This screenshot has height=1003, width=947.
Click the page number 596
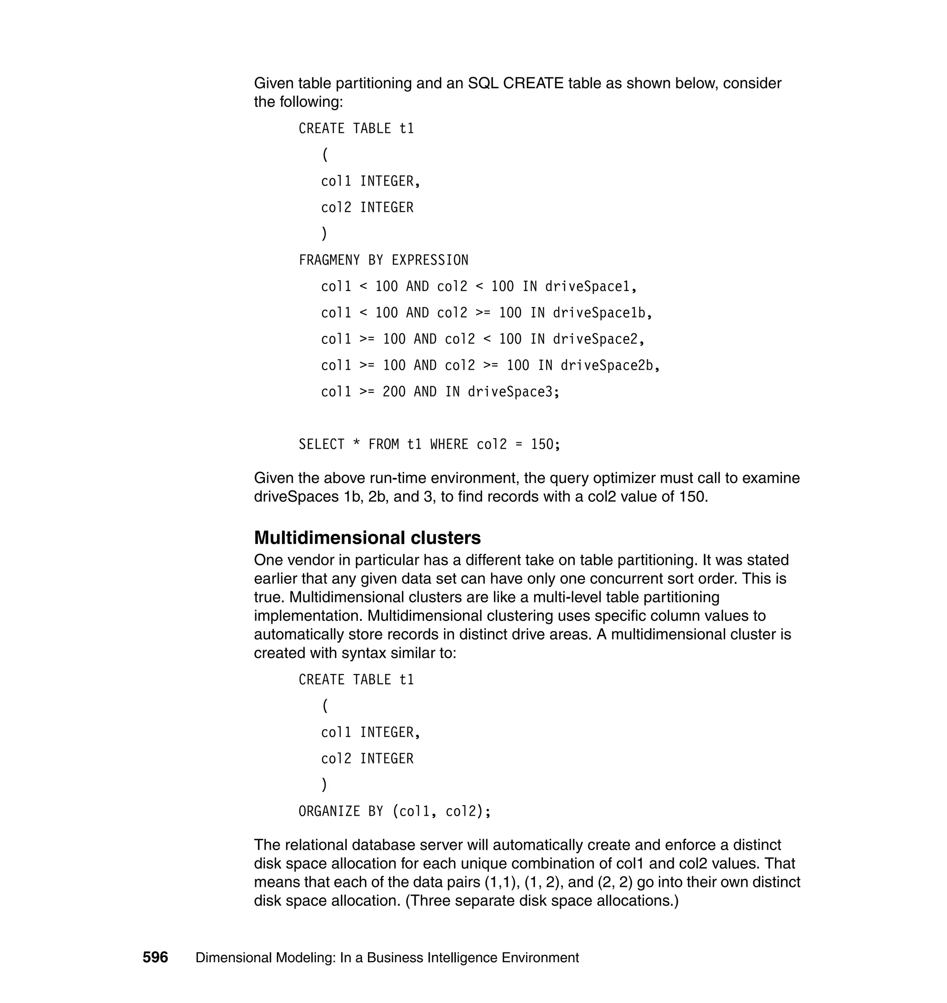click(155, 958)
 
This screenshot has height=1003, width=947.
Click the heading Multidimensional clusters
click(367, 538)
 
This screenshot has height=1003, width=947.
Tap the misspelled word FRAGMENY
click(329, 260)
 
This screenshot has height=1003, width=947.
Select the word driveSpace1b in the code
click(599, 313)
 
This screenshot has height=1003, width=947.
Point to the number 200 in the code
click(394, 392)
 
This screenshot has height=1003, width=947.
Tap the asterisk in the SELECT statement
click(357, 445)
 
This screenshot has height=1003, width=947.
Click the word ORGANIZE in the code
click(329, 811)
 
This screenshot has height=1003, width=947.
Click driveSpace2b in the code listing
click(607, 365)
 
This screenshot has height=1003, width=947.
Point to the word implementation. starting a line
click(308, 616)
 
